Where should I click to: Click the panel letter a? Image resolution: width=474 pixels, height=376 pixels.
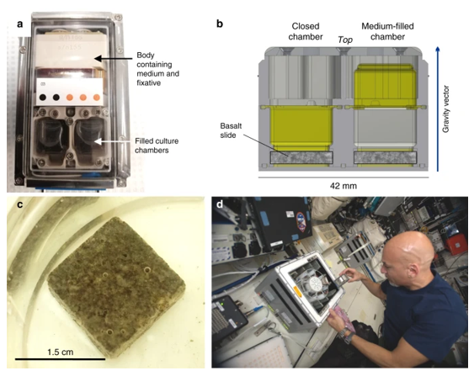(20, 24)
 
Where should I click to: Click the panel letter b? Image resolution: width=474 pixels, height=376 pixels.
(220, 24)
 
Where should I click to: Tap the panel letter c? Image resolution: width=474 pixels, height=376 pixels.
(20, 204)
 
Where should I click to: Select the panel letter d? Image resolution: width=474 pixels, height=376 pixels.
(220, 204)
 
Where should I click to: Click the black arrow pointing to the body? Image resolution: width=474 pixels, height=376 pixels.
(114, 58)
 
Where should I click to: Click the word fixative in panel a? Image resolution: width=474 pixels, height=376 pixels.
(149, 82)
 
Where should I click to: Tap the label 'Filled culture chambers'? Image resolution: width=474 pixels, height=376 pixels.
(157, 146)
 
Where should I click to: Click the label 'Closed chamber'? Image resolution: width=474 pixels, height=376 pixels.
(306, 31)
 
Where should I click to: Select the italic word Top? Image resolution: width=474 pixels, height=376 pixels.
(345, 40)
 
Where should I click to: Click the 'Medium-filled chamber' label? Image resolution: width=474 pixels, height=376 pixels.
(387, 31)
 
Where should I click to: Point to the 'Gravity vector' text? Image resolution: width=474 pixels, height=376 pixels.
(446, 109)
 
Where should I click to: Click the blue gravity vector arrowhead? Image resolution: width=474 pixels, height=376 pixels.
(438, 50)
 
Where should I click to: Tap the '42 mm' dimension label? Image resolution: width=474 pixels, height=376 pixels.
(344, 186)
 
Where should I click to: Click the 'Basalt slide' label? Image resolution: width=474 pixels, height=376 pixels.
(231, 130)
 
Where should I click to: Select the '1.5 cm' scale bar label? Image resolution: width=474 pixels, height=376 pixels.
(60, 352)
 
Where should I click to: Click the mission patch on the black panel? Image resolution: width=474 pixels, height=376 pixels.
(301, 222)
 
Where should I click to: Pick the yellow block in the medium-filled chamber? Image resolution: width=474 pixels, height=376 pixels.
(384, 85)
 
